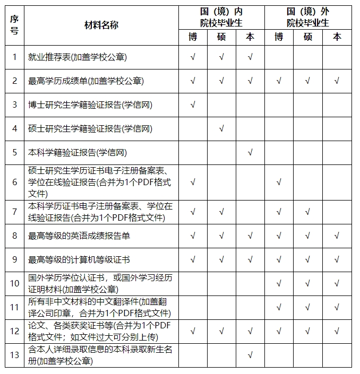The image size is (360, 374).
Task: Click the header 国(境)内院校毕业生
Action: click(221, 17)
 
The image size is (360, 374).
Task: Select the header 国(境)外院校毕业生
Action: click(308, 17)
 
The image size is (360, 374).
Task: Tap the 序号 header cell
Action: click(14, 25)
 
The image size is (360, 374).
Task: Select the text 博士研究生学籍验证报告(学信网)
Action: click(90, 105)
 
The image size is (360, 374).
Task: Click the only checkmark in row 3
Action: click(192, 105)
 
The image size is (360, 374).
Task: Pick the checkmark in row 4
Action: click(221, 128)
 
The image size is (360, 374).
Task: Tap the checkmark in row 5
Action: click(250, 152)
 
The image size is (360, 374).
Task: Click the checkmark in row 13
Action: click(250, 354)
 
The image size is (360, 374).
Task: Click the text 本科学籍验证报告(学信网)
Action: click(78, 152)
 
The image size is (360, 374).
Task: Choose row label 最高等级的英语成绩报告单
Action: click(79, 236)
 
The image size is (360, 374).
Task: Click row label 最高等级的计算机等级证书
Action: click(79, 260)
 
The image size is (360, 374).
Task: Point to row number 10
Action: click(14, 284)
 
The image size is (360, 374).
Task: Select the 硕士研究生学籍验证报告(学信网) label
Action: click(90, 128)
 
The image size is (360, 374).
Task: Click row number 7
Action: click(14, 212)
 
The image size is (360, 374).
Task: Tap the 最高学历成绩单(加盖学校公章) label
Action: click(86, 81)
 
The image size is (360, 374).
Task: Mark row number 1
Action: click(14, 57)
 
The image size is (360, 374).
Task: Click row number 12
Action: click(14, 330)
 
